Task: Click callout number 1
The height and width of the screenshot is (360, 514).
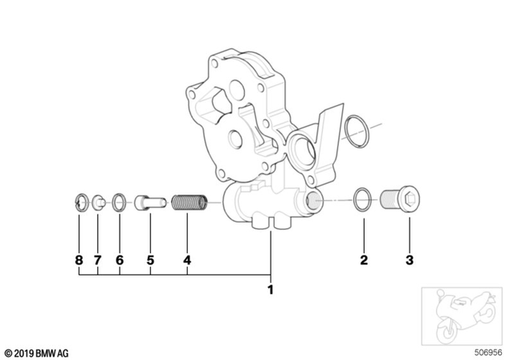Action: (x=271, y=289)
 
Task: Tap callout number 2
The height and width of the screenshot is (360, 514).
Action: (x=363, y=260)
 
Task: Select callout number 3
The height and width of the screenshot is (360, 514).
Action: (x=409, y=260)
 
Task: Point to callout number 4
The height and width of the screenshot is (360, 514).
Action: (x=186, y=260)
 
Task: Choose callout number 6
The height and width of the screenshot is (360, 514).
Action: (x=120, y=260)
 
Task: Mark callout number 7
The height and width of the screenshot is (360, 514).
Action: (x=98, y=260)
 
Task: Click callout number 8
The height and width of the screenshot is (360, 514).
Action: (x=79, y=260)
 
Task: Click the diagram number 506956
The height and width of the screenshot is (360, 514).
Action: (x=489, y=352)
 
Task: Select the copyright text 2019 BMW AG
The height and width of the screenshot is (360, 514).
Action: (x=37, y=352)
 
